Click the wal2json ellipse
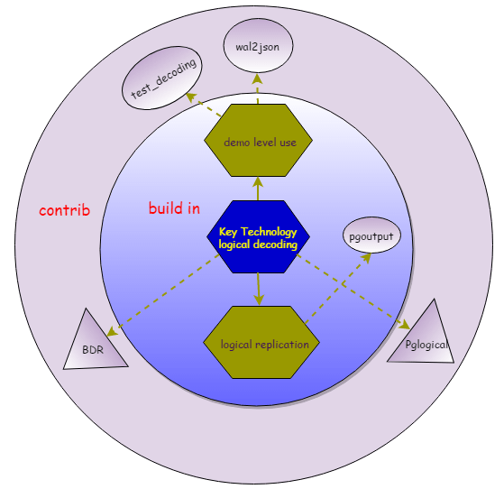(257, 46)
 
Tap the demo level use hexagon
(258, 141)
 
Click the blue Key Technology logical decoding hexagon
(258, 237)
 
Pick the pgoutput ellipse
(371, 237)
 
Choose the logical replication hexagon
(258, 344)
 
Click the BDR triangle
(94, 343)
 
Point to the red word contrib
(64, 210)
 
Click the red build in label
(174, 208)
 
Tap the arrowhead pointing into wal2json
(257, 78)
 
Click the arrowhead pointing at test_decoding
(188, 97)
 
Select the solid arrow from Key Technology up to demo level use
(258, 189)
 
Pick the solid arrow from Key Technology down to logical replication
(258, 290)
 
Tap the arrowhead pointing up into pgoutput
(366, 258)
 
